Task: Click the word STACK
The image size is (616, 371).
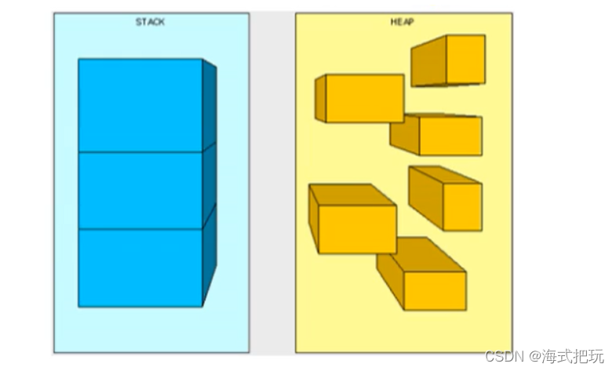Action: point(150,23)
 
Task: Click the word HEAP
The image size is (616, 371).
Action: point(403,23)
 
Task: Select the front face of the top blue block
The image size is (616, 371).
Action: point(140,104)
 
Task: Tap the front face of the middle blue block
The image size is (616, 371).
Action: point(140,190)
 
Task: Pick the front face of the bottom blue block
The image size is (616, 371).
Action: point(140,267)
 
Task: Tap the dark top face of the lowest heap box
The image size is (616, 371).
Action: point(420,256)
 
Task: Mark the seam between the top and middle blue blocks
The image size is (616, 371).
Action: point(140,151)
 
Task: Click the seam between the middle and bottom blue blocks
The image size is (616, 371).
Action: point(140,228)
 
